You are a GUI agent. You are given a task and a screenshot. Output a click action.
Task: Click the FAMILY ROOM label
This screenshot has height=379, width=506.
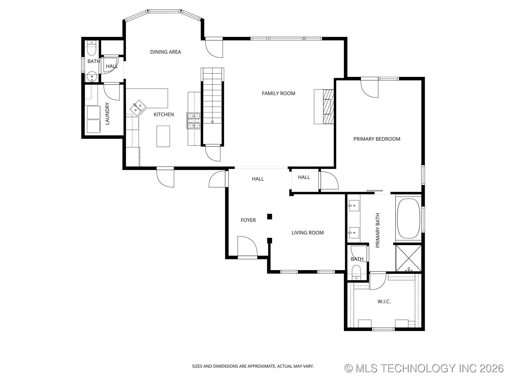pyautogui.click(x=279, y=93)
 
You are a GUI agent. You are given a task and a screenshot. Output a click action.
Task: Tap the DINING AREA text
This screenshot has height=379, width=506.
pyautogui.click(x=166, y=52)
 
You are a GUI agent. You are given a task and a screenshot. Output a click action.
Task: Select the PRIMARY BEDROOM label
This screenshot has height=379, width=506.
pyautogui.click(x=377, y=139)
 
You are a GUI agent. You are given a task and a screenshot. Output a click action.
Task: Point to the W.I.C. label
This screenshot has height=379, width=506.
pyautogui.click(x=384, y=302)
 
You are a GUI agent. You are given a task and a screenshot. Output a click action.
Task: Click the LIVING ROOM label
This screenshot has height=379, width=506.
pyautogui.click(x=308, y=233)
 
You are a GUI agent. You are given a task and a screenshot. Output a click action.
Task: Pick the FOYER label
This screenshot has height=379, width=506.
pyautogui.click(x=248, y=220)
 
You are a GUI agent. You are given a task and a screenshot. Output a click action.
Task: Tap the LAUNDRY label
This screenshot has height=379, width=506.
pyautogui.click(x=107, y=113)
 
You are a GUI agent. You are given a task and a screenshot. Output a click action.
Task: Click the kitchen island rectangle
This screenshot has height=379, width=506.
pyautogui.click(x=163, y=136)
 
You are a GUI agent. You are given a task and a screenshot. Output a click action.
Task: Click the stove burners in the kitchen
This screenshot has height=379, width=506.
pyautogui.click(x=194, y=121)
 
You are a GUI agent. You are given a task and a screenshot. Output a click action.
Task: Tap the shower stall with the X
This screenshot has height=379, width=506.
pyautogui.click(x=408, y=258)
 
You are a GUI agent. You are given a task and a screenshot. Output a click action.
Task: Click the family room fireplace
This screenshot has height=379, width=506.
pyautogui.click(x=324, y=106)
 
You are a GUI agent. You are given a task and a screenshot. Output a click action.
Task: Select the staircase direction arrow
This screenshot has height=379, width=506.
pyautogui.click(x=212, y=122)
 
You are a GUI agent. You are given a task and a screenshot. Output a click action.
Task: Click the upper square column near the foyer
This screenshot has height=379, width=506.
pyautogui.click(x=269, y=217)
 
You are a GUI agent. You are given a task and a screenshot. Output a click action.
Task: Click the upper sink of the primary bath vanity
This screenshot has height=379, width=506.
pyautogui.click(x=354, y=206)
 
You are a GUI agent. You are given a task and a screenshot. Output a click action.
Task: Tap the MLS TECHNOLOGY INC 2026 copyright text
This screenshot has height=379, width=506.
pyautogui.click(x=424, y=368)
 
